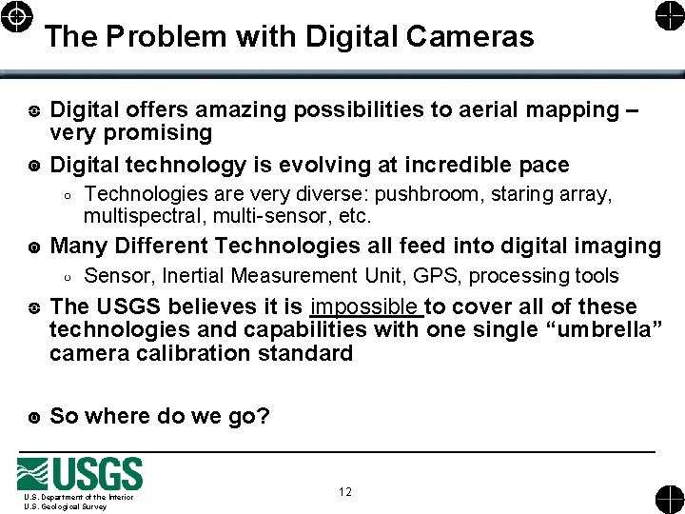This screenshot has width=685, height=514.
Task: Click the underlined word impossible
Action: click(x=365, y=306)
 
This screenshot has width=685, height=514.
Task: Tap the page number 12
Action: click(x=344, y=491)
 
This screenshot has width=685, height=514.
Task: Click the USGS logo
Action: click(x=80, y=474)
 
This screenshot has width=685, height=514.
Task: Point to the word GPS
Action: click(x=438, y=276)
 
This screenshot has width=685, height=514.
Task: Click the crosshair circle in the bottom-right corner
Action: click(x=668, y=499)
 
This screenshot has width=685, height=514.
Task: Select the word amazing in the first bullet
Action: click(x=236, y=110)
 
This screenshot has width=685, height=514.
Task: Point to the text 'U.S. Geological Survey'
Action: click(x=66, y=506)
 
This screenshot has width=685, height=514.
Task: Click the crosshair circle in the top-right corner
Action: click(x=668, y=16)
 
